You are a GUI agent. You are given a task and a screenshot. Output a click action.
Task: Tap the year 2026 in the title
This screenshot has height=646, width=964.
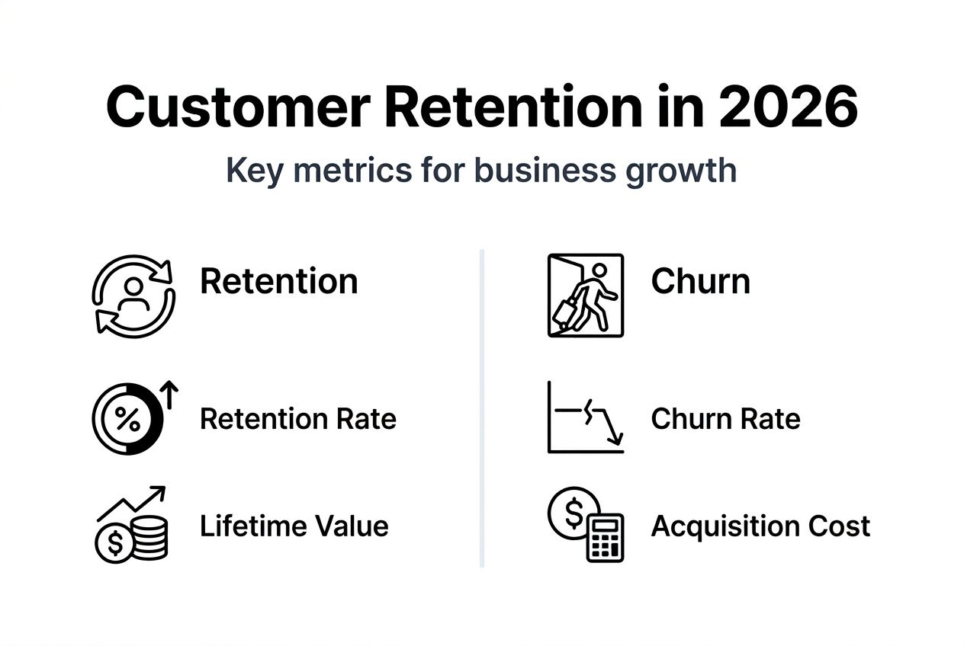tap(788, 107)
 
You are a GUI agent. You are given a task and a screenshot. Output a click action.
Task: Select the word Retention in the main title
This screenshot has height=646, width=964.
tap(515, 107)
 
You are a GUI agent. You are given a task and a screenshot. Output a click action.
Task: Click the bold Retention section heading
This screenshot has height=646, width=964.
tap(278, 281)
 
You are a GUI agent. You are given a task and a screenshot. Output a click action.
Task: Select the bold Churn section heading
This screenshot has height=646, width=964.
tap(700, 281)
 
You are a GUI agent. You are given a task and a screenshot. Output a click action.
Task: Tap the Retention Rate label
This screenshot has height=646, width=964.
tap(297, 419)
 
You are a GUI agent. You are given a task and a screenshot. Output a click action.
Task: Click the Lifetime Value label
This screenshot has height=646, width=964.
tap(294, 526)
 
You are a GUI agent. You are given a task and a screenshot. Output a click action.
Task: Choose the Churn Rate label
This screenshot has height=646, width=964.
tap(725, 419)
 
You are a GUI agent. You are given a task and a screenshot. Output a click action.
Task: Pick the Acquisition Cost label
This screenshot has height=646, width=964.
tap(760, 526)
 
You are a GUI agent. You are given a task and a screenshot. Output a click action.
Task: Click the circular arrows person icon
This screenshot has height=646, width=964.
tap(133, 295)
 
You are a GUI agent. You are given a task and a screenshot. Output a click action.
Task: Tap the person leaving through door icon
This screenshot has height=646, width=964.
tap(586, 295)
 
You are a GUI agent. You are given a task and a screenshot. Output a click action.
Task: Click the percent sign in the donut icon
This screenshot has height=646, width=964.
tap(127, 419)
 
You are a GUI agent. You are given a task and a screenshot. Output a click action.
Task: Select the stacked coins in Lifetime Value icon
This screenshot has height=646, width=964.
tap(149, 537)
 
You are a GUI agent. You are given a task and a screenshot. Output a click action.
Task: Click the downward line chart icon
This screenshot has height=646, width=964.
tap(586, 419)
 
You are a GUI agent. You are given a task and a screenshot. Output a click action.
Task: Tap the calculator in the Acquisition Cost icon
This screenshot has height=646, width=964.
tap(605, 539)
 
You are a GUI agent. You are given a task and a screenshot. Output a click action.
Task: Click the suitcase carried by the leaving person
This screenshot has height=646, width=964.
tap(565, 312)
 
